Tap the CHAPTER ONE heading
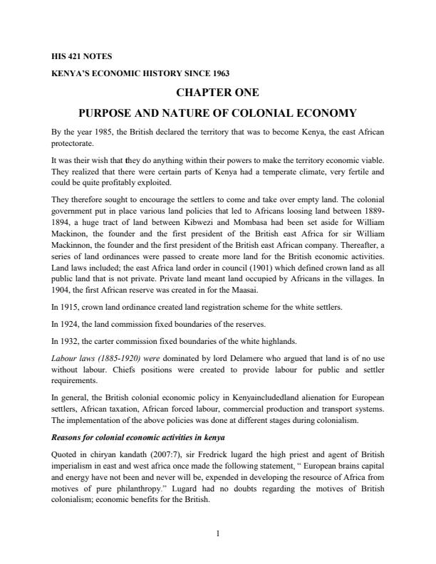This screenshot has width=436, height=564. click(x=217, y=93)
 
